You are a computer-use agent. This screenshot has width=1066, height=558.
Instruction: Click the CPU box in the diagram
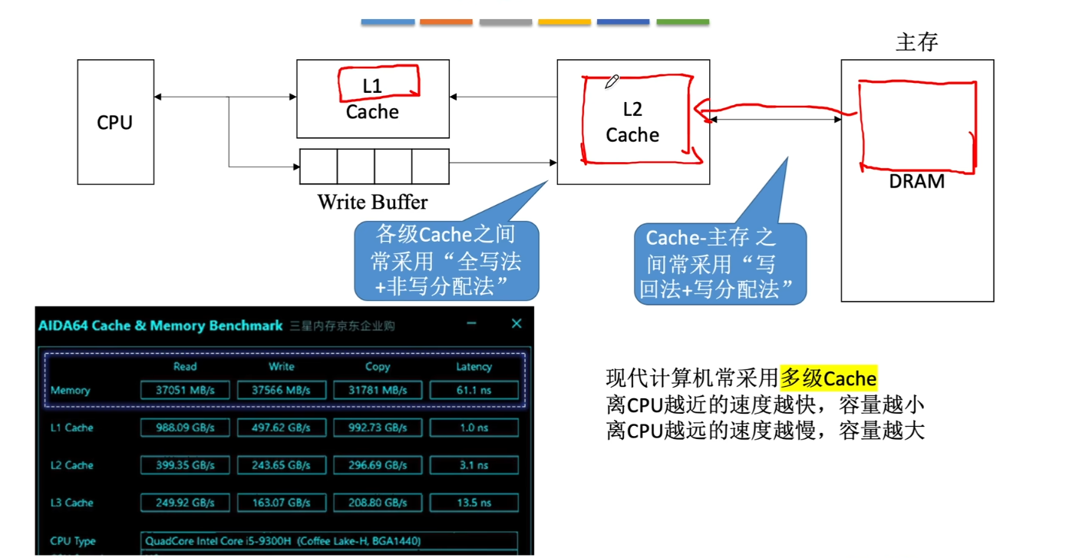115,122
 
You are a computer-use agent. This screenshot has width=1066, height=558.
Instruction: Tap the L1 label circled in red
372,86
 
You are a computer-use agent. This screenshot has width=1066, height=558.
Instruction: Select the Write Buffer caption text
372,202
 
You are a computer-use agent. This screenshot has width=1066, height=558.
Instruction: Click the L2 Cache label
632,123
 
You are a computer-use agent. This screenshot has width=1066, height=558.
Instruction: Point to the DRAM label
916,182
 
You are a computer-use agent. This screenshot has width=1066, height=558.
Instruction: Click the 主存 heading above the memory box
916,42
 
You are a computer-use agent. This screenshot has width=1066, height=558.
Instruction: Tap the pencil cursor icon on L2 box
612,81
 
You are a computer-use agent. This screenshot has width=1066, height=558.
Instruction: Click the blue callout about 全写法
446,261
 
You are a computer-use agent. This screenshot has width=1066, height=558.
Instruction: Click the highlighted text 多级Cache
828,378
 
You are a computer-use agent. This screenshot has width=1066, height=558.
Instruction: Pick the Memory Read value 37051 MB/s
185,390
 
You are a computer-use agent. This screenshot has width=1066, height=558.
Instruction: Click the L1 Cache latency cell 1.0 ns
474,428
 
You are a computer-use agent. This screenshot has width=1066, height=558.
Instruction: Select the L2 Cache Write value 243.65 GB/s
282,465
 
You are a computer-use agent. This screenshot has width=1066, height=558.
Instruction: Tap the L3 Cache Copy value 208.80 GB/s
378,503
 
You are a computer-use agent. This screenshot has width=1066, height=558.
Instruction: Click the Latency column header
474,367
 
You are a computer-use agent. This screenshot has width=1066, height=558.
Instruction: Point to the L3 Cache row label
71,503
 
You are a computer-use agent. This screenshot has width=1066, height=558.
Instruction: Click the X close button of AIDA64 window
516,324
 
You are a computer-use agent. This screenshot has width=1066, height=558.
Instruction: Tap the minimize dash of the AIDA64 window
471,324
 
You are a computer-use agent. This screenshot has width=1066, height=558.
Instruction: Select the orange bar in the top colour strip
446,21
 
